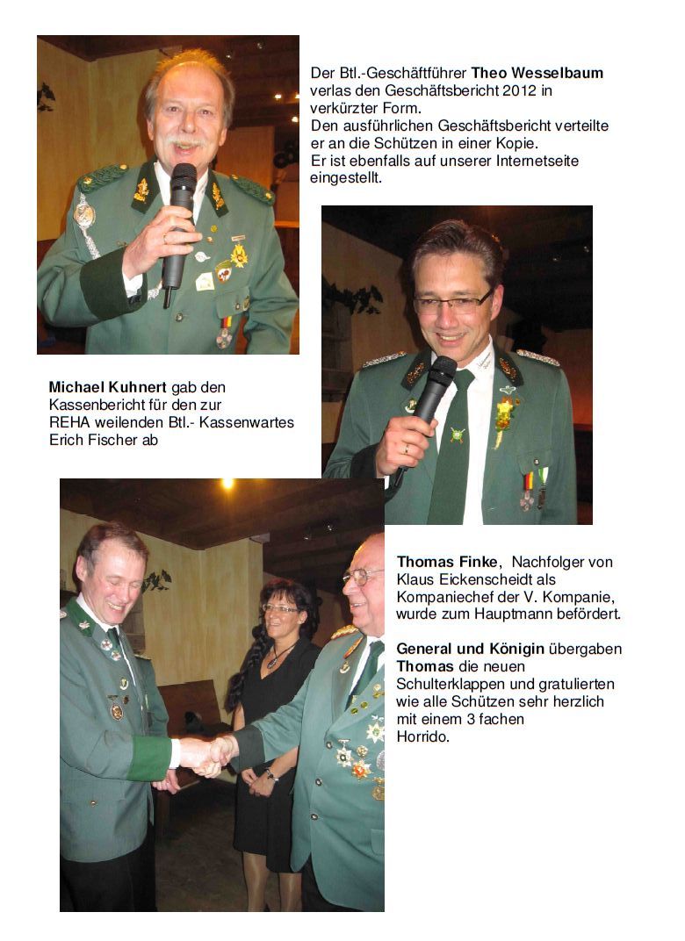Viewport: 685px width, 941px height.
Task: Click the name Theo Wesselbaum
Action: pyautogui.click(x=537, y=73)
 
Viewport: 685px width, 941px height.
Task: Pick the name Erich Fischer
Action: pyautogui.click(x=90, y=440)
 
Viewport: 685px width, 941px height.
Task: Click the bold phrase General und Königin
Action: pyautogui.click(x=470, y=649)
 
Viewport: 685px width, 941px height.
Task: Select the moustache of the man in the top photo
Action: pyautogui.click(x=186, y=141)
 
